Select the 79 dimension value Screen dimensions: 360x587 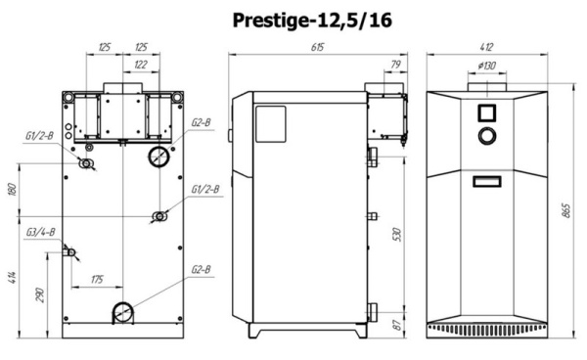pos(394,66)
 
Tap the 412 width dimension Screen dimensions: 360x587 pos(486,47)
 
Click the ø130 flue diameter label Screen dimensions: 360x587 pos(485,66)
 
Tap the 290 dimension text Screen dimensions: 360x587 pos(39,292)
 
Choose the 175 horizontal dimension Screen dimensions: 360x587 pos(97,281)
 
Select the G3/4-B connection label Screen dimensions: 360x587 pos(40,233)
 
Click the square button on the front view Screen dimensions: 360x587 pos(486,112)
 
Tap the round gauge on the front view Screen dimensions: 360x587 pos(486,136)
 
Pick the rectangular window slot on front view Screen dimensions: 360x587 pos(486,181)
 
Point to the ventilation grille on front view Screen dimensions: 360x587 pos(486,326)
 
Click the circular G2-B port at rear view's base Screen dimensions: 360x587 pos(122,311)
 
